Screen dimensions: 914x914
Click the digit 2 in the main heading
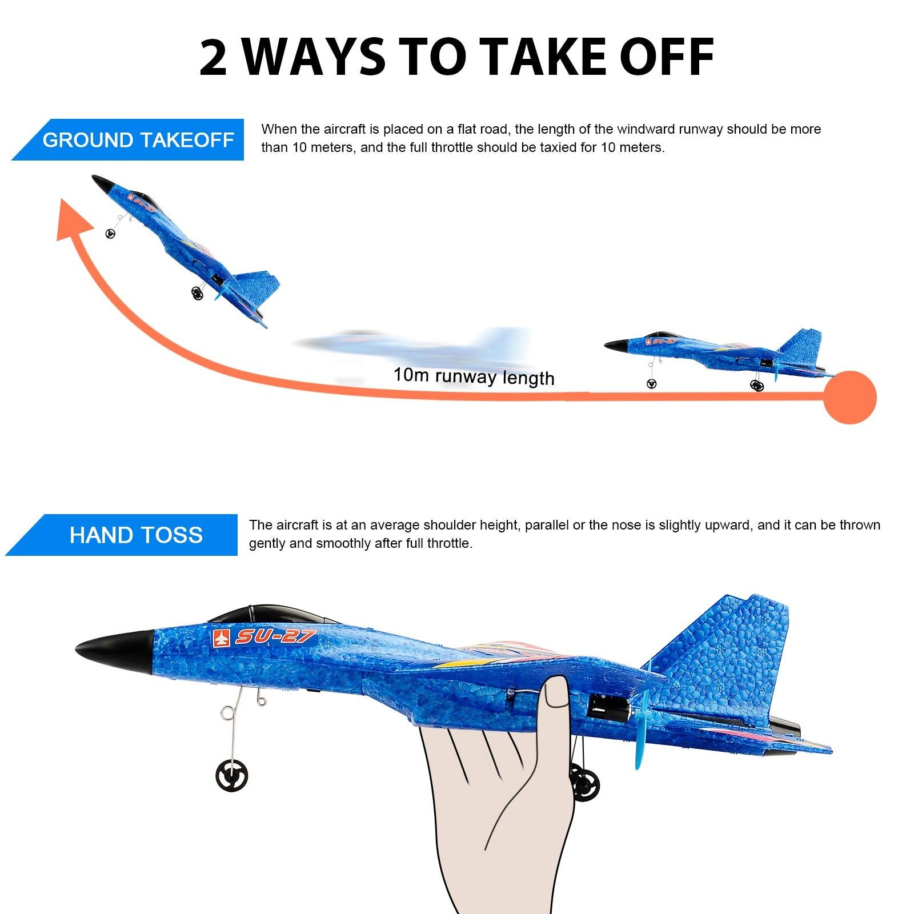[x=214, y=58]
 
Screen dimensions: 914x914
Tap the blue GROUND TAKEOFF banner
[x=137, y=140]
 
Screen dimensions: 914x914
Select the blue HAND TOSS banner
[x=135, y=535]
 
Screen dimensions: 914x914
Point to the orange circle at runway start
[x=850, y=398]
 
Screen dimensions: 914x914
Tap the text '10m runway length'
[x=474, y=376]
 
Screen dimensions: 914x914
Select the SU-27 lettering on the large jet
[x=275, y=636]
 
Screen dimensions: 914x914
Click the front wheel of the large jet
[x=232, y=776]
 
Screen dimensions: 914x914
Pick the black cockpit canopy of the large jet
[x=268, y=616]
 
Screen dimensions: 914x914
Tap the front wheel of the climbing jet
[x=110, y=233]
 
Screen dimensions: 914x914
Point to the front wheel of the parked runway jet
[x=652, y=384]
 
